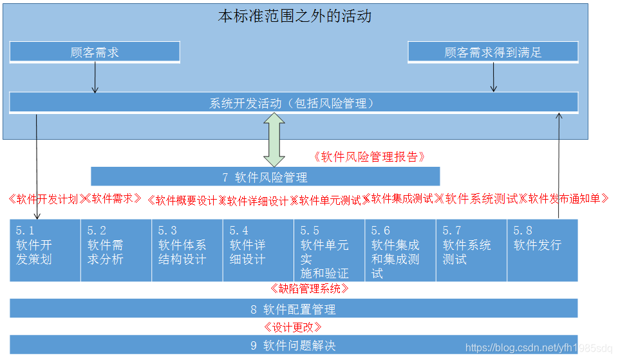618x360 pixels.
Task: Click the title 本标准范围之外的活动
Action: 294,16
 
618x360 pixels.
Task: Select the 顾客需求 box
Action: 95,52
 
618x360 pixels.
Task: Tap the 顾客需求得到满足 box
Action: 492,52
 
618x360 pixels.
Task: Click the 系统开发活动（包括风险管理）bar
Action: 294,103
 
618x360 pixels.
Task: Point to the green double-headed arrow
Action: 275,139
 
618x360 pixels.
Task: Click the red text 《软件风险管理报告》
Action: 370,156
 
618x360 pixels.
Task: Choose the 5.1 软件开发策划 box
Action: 45,251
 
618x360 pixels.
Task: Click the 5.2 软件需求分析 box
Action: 116,251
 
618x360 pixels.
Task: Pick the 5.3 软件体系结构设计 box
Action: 187,251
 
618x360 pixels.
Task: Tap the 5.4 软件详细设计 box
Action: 258,251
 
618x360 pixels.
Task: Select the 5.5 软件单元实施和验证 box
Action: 329,251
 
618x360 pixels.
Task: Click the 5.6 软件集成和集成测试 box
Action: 400,251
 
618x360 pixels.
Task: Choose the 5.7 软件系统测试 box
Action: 471,251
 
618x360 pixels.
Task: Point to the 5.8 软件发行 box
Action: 542,251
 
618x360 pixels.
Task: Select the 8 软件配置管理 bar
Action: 294,309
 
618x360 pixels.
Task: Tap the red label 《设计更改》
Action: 293,327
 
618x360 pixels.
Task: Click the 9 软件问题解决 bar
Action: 294,345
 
